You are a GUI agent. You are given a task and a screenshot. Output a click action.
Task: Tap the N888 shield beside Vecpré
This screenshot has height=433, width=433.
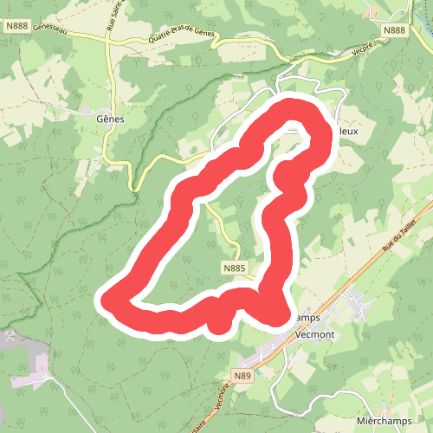pos(394,30)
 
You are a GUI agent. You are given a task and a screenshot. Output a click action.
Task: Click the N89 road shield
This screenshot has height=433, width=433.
pos(243,375)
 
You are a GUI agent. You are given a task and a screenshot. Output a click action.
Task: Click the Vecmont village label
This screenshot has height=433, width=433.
pos(314,332)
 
